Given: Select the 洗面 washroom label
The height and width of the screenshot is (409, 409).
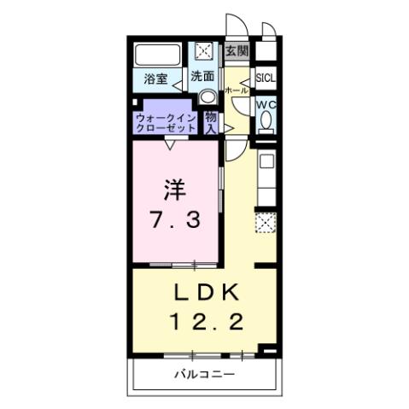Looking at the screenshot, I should point(202,75).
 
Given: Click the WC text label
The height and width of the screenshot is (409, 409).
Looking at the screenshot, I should point(266,105).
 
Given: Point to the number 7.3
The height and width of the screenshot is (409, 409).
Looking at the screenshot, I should point(177,219).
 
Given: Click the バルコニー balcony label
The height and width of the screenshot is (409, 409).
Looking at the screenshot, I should point(205,374).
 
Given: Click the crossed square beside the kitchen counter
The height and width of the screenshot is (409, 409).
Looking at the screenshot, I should point(266,223).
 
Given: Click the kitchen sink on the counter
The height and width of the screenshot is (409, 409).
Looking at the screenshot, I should point(266,161).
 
